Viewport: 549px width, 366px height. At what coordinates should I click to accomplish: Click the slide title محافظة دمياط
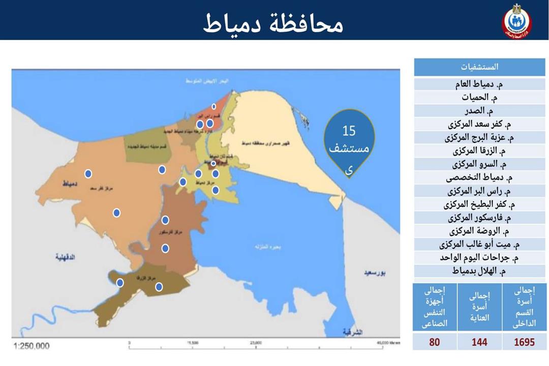[x=273, y=22]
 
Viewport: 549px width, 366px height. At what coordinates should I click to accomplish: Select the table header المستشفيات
[x=479, y=67]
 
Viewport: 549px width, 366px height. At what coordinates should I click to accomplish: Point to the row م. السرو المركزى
[x=479, y=164]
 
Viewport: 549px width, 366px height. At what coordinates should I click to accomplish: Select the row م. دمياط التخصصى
[x=479, y=178]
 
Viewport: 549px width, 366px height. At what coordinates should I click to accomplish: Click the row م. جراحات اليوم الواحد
[x=479, y=258]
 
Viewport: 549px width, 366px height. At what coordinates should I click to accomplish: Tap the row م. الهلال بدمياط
[x=479, y=271]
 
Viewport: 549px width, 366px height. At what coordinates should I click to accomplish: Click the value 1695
[x=524, y=342]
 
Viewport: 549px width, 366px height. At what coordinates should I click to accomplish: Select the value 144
[x=479, y=342]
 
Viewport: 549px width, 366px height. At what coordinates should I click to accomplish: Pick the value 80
[x=434, y=342]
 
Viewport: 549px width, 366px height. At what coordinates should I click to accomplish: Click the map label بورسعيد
[x=375, y=273]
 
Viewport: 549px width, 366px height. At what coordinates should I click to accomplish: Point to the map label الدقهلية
[x=65, y=258]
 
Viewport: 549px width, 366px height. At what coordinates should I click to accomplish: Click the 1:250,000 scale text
[x=32, y=346]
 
